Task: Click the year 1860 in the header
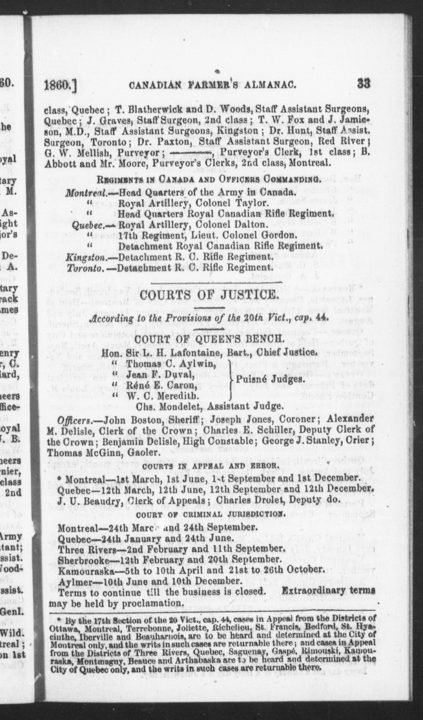[x=58, y=85]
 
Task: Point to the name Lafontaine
[x=193, y=353]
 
